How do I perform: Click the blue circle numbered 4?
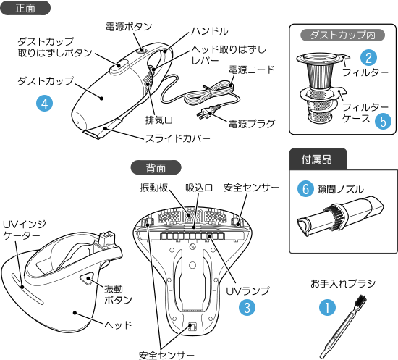[44, 104]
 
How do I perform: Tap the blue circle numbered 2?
[369, 58]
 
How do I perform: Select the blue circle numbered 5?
[383, 121]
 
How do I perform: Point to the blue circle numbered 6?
[305, 189]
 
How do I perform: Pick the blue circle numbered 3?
[247, 307]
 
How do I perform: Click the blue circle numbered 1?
[327, 307]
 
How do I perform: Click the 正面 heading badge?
[25, 8]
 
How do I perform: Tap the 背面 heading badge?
[156, 167]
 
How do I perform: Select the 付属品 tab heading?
[318, 159]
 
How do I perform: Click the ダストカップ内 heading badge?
[342, 35]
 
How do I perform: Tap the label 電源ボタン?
[129, 26]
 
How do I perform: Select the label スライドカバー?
[178, 139]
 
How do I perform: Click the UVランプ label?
[247, 291]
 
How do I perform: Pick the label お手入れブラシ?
[343, 283]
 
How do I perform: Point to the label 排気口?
[159, 120]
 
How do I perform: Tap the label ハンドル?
[210, 31]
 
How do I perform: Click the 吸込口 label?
[199, 188]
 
